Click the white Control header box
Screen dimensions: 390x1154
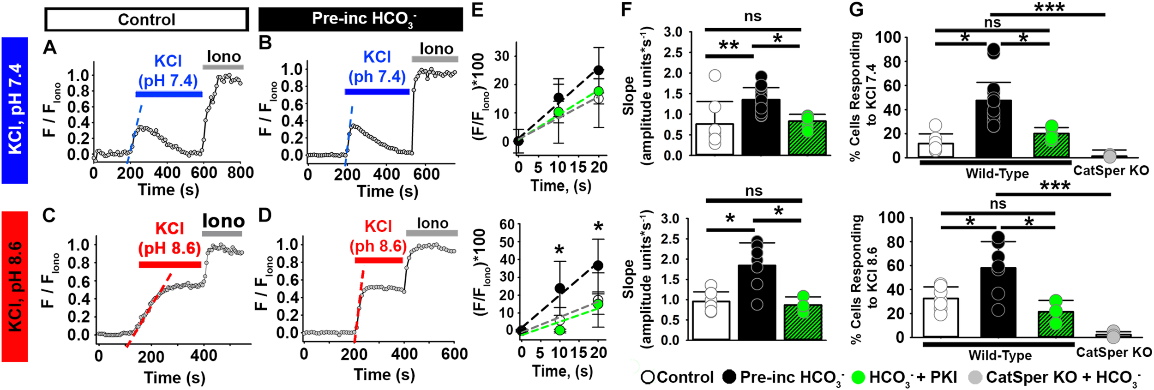pos(146,19)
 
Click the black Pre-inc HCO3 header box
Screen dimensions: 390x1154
pos(361,19)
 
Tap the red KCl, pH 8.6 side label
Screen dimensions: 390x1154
pos(14,286)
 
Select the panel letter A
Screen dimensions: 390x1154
pos(50,47)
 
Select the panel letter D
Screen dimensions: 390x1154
pos(264,216)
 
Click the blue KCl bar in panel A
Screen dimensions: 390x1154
pos(168,94)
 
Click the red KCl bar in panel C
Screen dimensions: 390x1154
pos(170,264)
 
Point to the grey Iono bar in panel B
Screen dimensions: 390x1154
pos(435,59)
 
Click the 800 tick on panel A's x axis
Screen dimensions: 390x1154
pos(240,173)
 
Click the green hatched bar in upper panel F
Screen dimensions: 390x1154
pos(807,138)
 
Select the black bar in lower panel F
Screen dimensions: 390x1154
pos(757,302)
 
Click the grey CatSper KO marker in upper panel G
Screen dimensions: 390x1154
pos(1109,156)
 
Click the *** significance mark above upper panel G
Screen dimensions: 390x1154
pos(1049,7)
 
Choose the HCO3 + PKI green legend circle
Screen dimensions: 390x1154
pos(858,377)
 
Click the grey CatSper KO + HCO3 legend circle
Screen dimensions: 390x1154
pos(974,377)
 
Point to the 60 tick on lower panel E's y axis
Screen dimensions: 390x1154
pos(507,224)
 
